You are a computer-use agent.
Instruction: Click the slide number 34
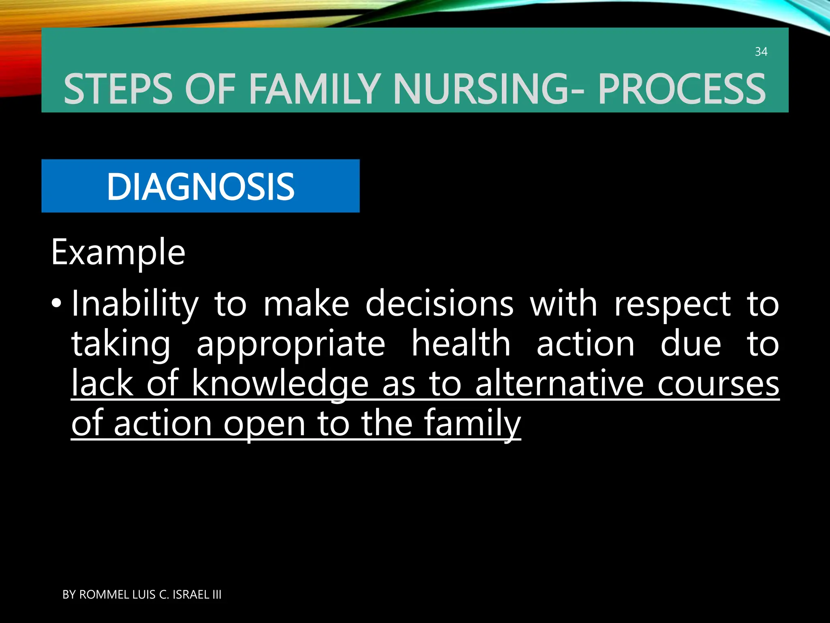(761, 52)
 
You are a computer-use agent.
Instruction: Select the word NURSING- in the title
(489, 89)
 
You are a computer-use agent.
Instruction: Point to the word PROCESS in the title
(682, 89)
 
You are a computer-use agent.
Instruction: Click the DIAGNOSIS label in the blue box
(200, 187)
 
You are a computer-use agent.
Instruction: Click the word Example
(118, 253)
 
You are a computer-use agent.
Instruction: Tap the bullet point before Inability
(57, 303)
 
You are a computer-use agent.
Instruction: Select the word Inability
(135, 304)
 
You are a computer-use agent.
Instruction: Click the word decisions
(439, 304)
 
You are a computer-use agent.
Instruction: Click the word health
(461, 343)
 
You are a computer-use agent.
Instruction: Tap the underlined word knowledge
(280, 384)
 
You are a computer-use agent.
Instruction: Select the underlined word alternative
(559, 383)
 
